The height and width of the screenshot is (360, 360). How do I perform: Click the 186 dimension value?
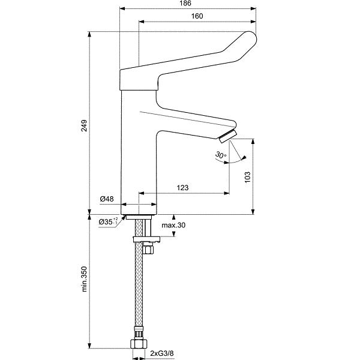185,4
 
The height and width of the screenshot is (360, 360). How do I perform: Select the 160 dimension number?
197,16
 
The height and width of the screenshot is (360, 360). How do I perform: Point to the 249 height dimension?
84,125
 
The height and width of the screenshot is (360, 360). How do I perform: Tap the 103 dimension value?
247,177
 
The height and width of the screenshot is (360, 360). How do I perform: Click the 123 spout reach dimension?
183,188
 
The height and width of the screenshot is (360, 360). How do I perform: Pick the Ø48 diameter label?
107,199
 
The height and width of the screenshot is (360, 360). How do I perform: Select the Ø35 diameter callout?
109,221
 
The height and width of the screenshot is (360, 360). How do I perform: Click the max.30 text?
173,225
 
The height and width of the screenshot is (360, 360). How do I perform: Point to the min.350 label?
84,279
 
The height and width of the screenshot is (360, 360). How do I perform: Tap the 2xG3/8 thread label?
162,353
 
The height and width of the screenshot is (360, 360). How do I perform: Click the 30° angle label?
221,155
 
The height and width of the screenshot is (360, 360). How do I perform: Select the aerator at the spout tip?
228,136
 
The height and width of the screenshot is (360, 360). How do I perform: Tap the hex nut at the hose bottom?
139,344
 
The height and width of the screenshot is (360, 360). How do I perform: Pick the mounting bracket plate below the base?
146,239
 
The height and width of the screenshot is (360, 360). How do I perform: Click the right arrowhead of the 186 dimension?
253,9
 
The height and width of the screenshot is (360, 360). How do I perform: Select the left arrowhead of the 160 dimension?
142,22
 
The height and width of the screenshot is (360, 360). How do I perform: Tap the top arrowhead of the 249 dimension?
89,34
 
